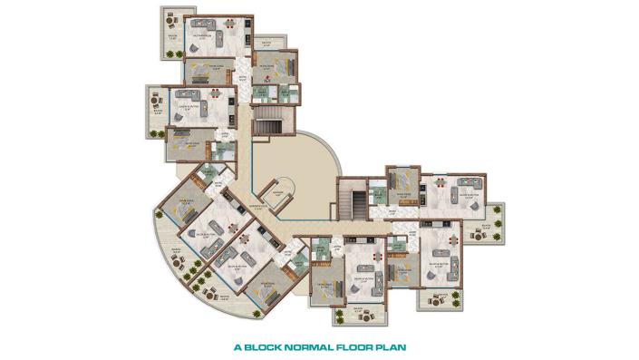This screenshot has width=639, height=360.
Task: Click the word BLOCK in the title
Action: pos(267,345)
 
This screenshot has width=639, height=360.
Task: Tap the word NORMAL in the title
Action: pos(312,345)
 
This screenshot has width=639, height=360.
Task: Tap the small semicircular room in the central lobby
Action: pos(275,191)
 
